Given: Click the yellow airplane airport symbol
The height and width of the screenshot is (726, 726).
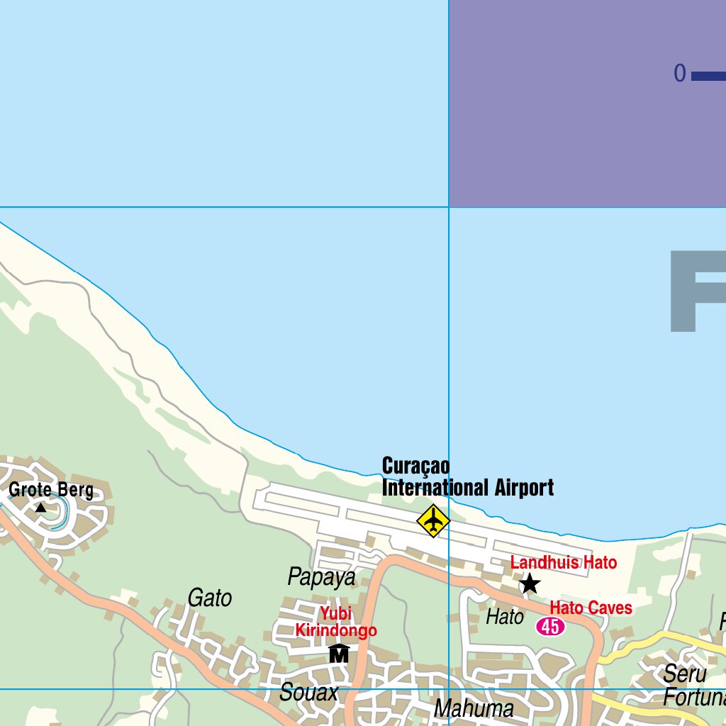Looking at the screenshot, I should pos(432,521).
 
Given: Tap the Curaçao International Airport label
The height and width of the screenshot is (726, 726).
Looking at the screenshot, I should pos(467,477).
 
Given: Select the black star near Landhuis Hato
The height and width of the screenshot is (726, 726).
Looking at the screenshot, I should pos(530,584).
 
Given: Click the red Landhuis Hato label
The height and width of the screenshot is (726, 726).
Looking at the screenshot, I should pos(564,563).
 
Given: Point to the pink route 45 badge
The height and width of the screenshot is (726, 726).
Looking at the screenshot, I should pos(550,626).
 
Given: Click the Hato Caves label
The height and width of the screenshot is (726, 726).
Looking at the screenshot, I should pos(591,608).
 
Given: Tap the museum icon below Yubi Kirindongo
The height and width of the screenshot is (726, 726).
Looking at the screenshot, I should pos(339,653).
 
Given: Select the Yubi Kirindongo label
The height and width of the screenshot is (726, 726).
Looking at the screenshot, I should pos(336,622).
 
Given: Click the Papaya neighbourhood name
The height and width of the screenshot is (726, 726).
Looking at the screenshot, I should pos(321,577).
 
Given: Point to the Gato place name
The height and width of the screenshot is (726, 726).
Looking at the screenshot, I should pos(210,598).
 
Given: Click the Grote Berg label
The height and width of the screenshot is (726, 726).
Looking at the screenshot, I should pos(51,490).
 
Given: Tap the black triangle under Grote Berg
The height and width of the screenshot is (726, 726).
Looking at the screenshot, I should pos(41,508).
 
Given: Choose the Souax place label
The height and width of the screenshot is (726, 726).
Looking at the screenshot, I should pos(309,693).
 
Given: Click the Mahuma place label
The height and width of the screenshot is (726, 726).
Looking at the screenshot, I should pos(474,708).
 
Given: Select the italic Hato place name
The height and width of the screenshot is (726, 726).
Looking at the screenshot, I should pos(505,617).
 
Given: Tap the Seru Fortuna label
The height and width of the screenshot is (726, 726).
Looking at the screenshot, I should pos(693,685).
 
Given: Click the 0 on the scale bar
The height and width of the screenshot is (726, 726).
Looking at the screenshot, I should pos(680,74).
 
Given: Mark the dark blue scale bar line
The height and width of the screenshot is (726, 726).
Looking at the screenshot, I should pos(709,76).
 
